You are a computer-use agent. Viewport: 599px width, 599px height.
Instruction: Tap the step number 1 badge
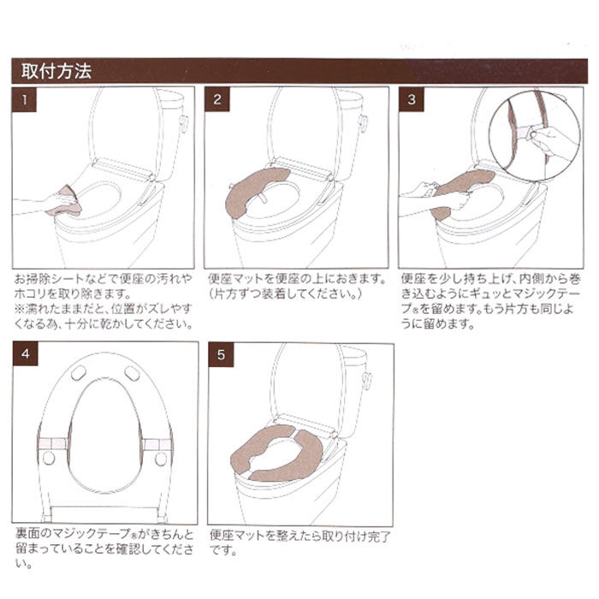tap(26, 99)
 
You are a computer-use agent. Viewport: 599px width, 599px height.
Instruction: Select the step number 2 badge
tap(217, 99)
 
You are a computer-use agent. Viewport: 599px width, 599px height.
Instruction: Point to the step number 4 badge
tap(26, 354)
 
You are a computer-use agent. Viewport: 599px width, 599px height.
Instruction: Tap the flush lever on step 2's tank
tap(363, 122)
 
